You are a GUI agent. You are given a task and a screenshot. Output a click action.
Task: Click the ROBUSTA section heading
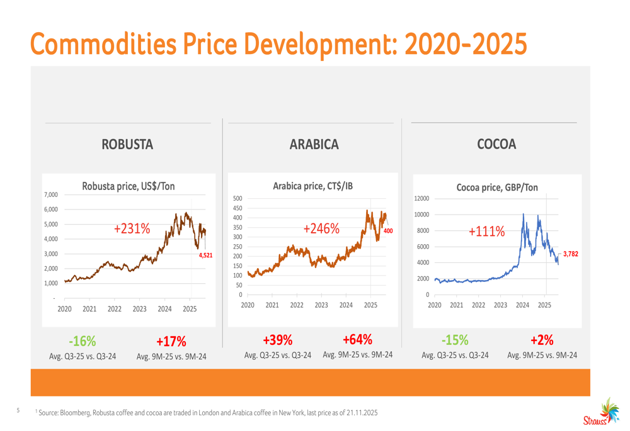128,145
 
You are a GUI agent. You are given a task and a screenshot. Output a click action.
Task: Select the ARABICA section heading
314,145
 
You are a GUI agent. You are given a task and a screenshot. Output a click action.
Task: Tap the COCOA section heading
496,145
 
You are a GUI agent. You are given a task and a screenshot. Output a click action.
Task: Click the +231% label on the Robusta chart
132,230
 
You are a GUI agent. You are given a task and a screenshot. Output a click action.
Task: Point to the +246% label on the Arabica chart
321,229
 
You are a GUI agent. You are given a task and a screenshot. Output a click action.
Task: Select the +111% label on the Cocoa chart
487,232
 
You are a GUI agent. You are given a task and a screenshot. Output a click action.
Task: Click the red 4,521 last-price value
205,256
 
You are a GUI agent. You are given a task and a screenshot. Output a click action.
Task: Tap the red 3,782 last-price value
570,254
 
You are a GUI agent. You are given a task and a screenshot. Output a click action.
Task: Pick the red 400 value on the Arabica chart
388,232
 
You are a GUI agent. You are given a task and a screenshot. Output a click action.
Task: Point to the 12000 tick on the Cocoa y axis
421,199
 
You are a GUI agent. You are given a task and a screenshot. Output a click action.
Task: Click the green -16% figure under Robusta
83,342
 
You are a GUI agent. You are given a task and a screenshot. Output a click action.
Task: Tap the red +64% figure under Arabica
357,340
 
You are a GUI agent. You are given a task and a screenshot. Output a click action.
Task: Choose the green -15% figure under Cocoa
455,340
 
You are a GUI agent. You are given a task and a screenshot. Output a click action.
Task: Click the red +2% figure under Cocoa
542,340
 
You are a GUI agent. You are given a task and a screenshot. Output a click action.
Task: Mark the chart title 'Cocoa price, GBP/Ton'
497,188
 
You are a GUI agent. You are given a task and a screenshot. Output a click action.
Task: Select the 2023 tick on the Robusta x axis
139,309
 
